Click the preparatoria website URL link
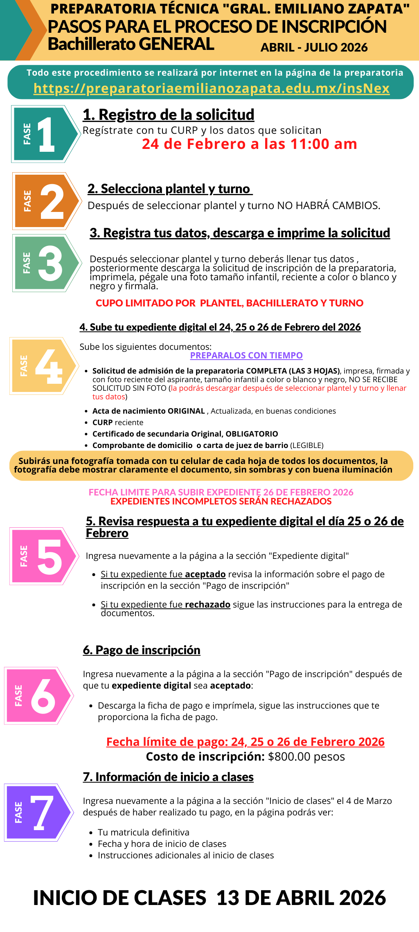211,88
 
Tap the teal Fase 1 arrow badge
45,134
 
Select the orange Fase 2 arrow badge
46,201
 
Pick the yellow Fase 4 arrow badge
43,366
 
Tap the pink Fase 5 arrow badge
43,556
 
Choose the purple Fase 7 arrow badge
38,813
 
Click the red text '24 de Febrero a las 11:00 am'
249,144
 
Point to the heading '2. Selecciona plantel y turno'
169,189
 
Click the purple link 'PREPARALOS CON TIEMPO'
246,356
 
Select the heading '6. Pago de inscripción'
142,650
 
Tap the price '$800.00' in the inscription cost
289,757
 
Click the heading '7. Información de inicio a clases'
168,777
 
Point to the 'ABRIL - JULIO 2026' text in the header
314,47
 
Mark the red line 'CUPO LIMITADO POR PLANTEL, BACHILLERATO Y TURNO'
229,303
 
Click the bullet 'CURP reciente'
118,423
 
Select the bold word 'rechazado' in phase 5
207,605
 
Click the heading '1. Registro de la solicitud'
168,115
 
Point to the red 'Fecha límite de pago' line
245,742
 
